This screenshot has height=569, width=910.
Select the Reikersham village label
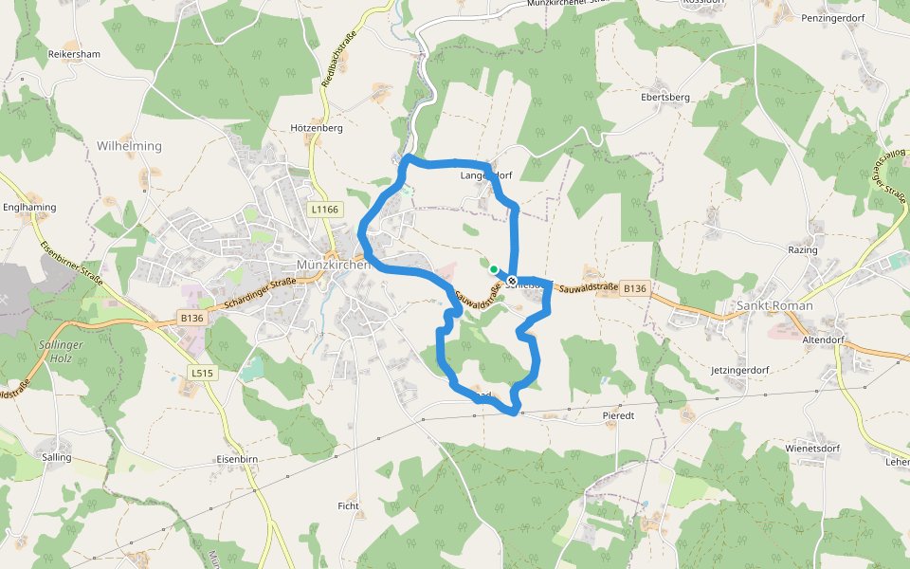click(74, 54)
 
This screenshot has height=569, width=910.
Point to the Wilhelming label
click(129, 146)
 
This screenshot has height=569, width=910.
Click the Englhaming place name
click(29, 207)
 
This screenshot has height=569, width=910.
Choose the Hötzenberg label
click(316, 127)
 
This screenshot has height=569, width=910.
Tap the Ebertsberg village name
click(664, 97)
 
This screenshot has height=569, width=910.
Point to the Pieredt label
click(617, 415)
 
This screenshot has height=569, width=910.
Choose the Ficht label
click(348, 506)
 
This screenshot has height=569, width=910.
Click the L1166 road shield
click(324, 209)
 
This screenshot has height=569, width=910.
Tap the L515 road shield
click(202, 374)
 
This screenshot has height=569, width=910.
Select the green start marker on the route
click(494, 269)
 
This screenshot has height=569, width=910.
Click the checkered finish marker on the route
click(512, 281)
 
